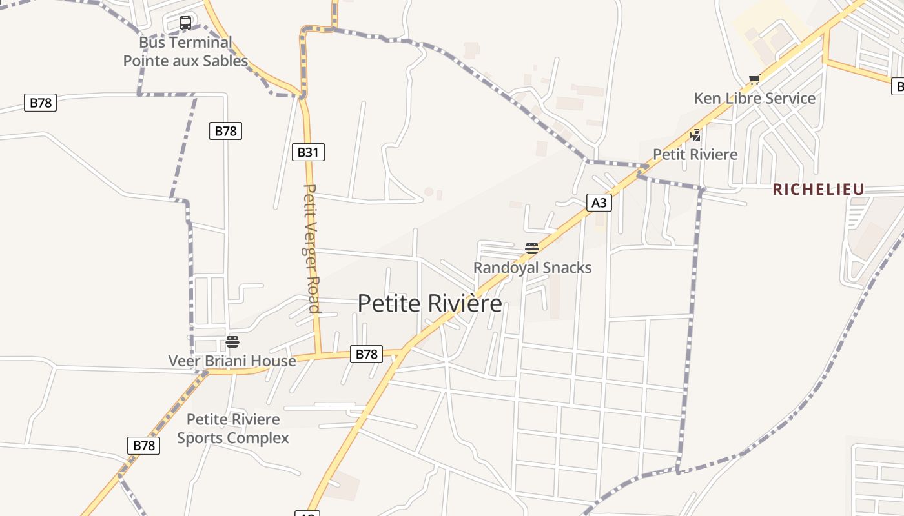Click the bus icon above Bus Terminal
(185, 23)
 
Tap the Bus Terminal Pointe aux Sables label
(185, 52)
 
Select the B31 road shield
(308, 152)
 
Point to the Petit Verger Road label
(311, 248)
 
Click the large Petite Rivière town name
(429, 303)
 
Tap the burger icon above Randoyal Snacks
(532, 248)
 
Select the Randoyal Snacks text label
(532, 267)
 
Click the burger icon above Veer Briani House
(232, 342)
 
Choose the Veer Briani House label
(232, 361)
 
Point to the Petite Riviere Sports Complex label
(232, 429)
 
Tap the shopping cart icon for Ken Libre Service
(754, 80)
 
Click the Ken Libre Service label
(754, 98)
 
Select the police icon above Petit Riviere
(695, 135)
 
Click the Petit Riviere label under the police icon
(695, 154)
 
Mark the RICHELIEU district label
(818, 189)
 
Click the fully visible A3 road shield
(599, 203)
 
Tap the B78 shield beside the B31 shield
(225, 131)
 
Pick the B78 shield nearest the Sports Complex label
(143, 445)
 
